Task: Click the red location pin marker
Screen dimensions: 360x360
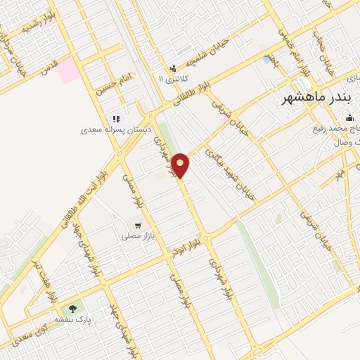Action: tap(181, 165)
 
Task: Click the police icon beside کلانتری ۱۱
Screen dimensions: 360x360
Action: tap(174, 68)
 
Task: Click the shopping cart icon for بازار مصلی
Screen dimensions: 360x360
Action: tap(138, 226)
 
